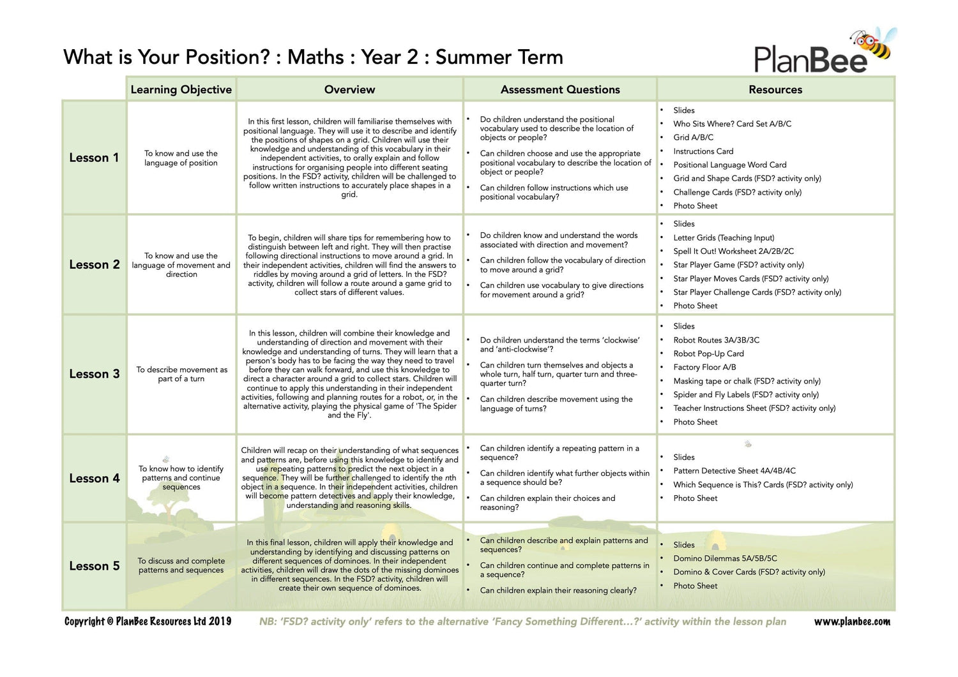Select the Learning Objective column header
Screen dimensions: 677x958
(181, 89)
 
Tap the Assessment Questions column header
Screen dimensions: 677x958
(560, 89)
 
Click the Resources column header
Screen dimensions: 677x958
(775, 89)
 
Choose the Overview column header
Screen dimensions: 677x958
(349, 89)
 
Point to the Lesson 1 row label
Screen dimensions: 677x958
(94, 158)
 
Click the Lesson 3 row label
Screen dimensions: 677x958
(94, 374)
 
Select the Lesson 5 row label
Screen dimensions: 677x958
(94, 566)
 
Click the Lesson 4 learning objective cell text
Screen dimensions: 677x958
(181, 478)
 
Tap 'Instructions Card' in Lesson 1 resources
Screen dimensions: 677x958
(703, 151)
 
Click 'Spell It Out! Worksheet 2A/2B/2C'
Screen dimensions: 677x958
(733, 251)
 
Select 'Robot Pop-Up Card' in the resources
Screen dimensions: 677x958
(708, 353)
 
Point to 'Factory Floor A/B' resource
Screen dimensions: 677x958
(704, 368)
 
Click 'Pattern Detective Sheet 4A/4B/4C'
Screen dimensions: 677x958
(734, 471)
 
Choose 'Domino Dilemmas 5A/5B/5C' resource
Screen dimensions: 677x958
(725, 558)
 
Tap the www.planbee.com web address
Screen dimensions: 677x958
(852, 621)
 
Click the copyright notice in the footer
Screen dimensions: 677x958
(148, 621)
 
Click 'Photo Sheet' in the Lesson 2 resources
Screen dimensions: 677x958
(695, 306)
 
